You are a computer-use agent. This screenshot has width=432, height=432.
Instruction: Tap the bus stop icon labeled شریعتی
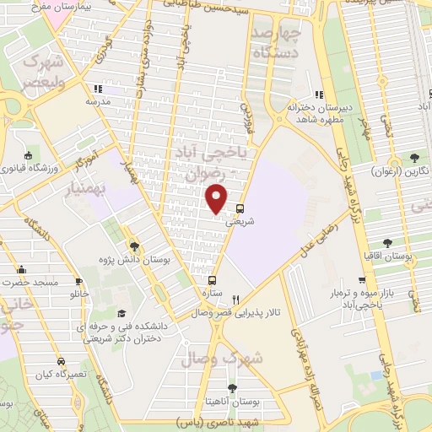tap(240, 209)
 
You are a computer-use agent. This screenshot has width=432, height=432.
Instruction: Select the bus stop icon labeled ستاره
tap(212, 280)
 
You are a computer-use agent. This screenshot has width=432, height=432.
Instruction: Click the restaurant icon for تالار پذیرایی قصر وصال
tap(236, 299)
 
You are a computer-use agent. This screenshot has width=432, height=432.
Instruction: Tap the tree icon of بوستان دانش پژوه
tap(135, 247)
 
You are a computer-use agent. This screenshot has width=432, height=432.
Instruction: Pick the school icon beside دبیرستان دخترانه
tap(317, 94)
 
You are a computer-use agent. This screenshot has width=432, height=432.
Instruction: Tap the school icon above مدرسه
tap(98, 89)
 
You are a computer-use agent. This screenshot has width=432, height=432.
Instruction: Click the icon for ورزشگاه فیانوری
tap(29, 155)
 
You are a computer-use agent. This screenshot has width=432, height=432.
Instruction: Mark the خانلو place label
tap(78, 295)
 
